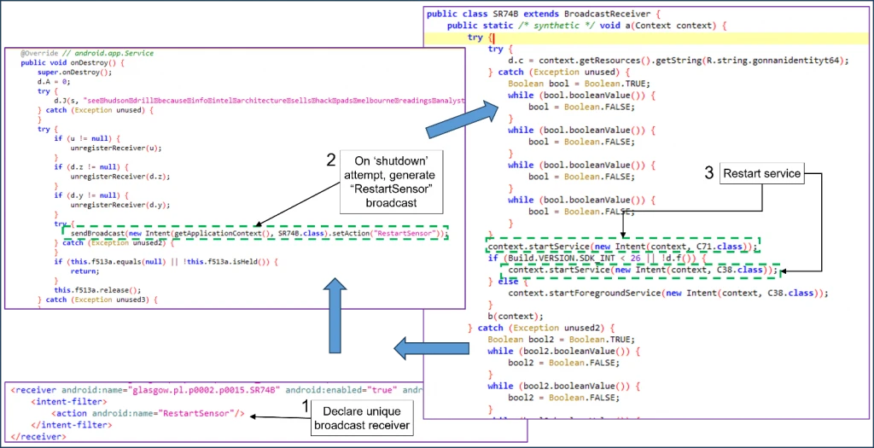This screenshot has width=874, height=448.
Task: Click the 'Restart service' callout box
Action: point(762,173)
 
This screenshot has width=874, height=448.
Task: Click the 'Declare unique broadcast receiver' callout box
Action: point(362,418)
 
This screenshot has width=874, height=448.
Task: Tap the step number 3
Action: point(708,173)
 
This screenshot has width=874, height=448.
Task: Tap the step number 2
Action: point(331,160)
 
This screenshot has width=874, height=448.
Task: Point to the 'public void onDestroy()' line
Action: point(73,63)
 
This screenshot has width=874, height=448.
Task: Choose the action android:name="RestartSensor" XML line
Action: point(149,413)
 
